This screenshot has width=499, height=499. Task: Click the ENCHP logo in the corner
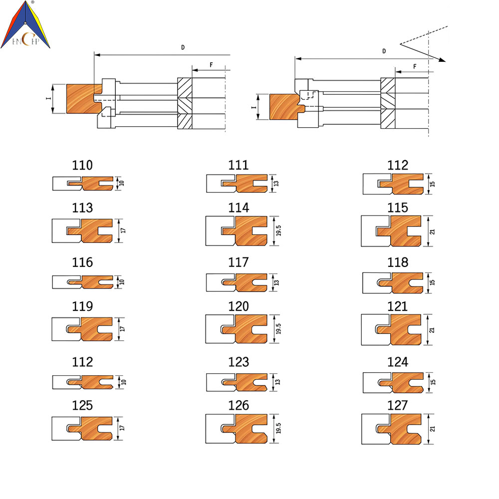(x=25, y=25)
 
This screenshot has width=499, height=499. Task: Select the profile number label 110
(x=82, y=165)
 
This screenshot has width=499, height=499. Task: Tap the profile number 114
(x=239, y=208)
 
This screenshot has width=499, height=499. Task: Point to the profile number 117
(x=239, y=262)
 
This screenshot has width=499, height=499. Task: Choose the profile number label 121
(x=398, y=306)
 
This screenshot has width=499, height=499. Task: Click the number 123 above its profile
(x=239, y=362)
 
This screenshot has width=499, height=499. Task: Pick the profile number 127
(x=398, y=405)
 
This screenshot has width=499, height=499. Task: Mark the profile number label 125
(x=82, y=405)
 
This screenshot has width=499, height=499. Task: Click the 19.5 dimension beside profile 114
(x=278, y=231)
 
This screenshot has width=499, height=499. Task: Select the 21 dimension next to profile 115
(x=432, y=232)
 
